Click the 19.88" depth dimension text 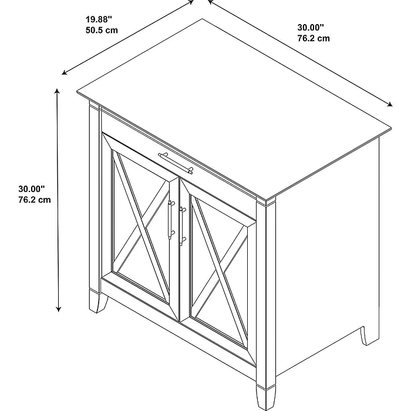pyautogui.click(x=99, y=19)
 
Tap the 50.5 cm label pyautogui.click(x=102, y=30)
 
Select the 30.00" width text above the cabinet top pyautogui.click(x=311, y=27)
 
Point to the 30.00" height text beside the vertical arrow pyautogui.click(x=32, y=188)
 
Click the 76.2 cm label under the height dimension pyautogui.click(x=34, y=200)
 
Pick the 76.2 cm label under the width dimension pyautogui.click(x=314, y=38)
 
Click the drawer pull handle pyautogui.click(x=176, y=163)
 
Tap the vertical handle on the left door pyautogui.click(x=171, y=220)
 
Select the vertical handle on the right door pyautogui.click(x=181, y=226)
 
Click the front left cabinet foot pyautogui.click(x=97, y=301)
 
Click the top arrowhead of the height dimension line pyautogui.click(x=57, y=91)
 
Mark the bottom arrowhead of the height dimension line pyautogui.click(x=59, y=309)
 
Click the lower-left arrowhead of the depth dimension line pyautogui.click(x=65, y=73)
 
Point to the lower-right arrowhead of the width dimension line pyautogui.click(x=390, y=105)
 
